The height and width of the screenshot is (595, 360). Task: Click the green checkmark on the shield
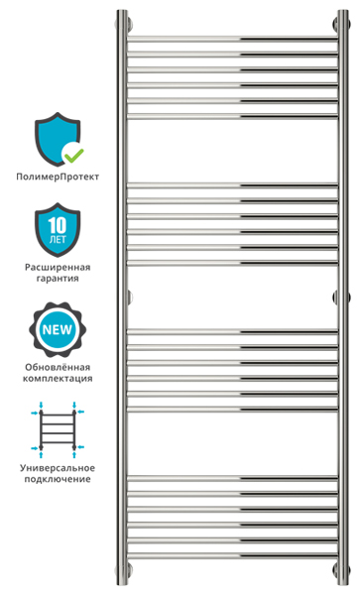coord(73,154)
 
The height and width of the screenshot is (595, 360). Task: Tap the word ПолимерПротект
coord(58,177)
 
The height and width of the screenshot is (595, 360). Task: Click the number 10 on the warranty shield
coord(58,225)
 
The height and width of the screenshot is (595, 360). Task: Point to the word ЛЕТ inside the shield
coord(58,240)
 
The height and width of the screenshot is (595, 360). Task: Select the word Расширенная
coord(58,267)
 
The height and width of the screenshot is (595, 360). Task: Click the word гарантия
coord(58,278)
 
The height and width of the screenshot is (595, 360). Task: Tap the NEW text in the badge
coord(57,329)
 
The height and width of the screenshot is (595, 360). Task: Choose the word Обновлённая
coord(58,367)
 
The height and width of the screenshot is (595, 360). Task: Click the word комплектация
coord(58,379)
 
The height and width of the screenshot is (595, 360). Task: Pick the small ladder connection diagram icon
coord(58,429)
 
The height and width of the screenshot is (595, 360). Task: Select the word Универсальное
coord(58,468)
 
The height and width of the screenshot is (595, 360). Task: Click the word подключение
coord(58,479)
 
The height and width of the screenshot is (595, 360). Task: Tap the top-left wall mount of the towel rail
coord(129,23)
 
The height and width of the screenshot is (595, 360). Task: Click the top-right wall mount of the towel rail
coord(336,23)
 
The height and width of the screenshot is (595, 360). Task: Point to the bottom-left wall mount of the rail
coord(129,569)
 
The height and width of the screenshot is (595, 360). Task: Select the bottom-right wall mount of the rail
coord(336,569)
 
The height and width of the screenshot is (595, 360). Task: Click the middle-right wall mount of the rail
coord(336,297)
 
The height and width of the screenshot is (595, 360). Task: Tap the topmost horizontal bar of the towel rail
coord(232,39)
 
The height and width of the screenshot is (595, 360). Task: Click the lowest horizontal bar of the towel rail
coord(232,555)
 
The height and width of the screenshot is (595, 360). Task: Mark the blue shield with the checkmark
coord(58,139)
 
